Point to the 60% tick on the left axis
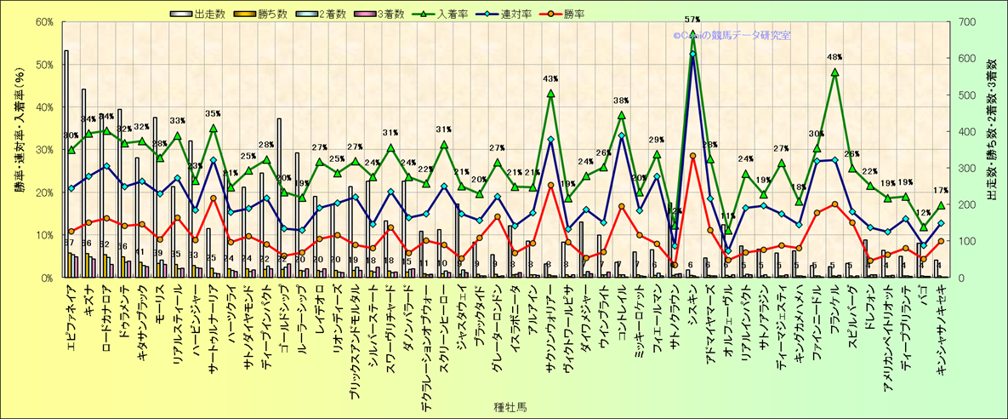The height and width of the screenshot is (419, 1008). coord(43,22)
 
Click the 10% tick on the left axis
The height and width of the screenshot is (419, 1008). coord(43,235)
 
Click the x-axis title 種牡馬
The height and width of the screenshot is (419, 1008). coord(509,407)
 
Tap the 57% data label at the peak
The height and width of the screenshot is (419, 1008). coord(692,20)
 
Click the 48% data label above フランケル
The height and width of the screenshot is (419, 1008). coord(834,58)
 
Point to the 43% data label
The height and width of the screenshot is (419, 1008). coord(550,79)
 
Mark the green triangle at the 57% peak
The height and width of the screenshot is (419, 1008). coord(692,34)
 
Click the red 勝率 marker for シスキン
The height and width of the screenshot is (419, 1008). coord(692,156)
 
